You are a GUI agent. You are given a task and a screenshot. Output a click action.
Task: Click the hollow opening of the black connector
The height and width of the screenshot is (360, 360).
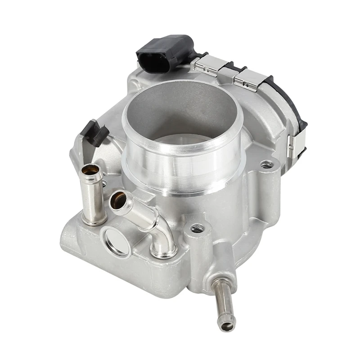[153, 62]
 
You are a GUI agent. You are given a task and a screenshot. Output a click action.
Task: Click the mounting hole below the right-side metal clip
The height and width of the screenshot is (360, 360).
[266, 164]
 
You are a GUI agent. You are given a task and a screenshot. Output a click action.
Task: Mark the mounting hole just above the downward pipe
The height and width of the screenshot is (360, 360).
[197, 229]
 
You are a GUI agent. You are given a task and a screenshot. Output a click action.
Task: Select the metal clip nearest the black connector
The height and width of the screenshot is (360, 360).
[208, 65]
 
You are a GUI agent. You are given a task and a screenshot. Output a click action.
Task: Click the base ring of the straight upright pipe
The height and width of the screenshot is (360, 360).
[94, 220]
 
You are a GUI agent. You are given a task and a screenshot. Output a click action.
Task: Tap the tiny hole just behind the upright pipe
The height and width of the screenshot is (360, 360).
[104, 183]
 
